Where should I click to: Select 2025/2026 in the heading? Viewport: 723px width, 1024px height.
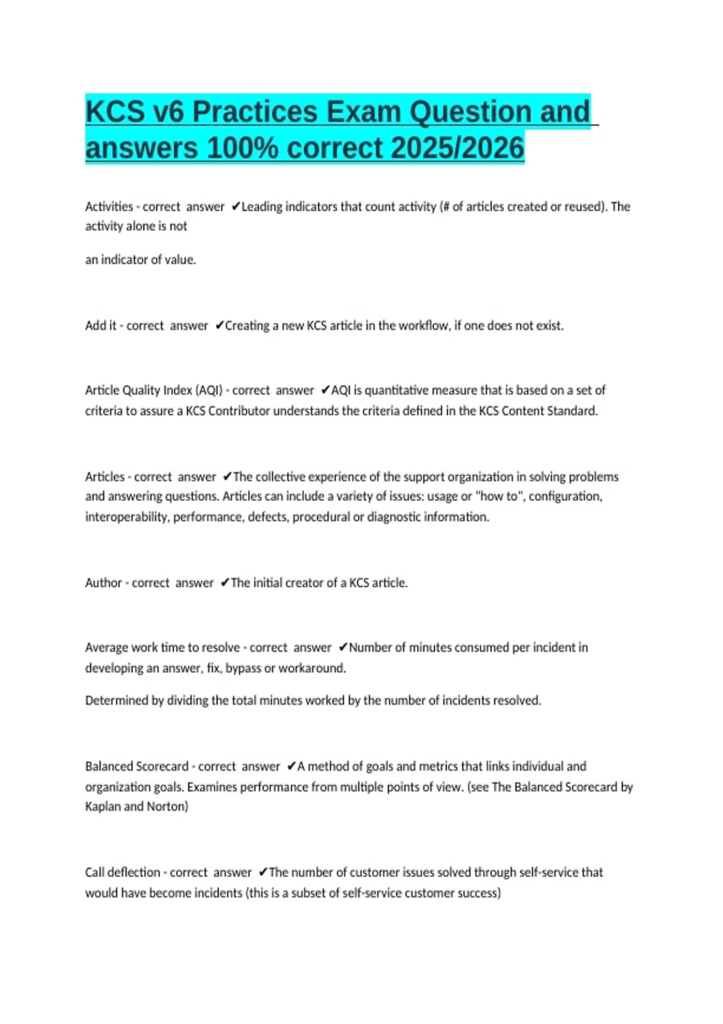click(457, 148)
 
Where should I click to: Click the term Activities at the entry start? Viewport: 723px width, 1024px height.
click(109, 207)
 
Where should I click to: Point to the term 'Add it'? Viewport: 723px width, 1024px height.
click(101, 326)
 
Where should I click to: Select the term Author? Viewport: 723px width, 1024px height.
click(104, 583)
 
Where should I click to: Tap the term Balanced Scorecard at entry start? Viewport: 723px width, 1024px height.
click(137, 767)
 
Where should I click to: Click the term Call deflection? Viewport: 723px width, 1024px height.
click(122, 873)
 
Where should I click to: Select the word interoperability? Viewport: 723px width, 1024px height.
click(126, 517)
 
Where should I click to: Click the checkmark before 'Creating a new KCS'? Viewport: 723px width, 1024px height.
click(219, 326)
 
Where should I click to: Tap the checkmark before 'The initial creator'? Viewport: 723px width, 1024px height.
click(225, 583)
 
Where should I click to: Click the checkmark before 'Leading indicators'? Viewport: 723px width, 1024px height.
click(236, 207)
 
